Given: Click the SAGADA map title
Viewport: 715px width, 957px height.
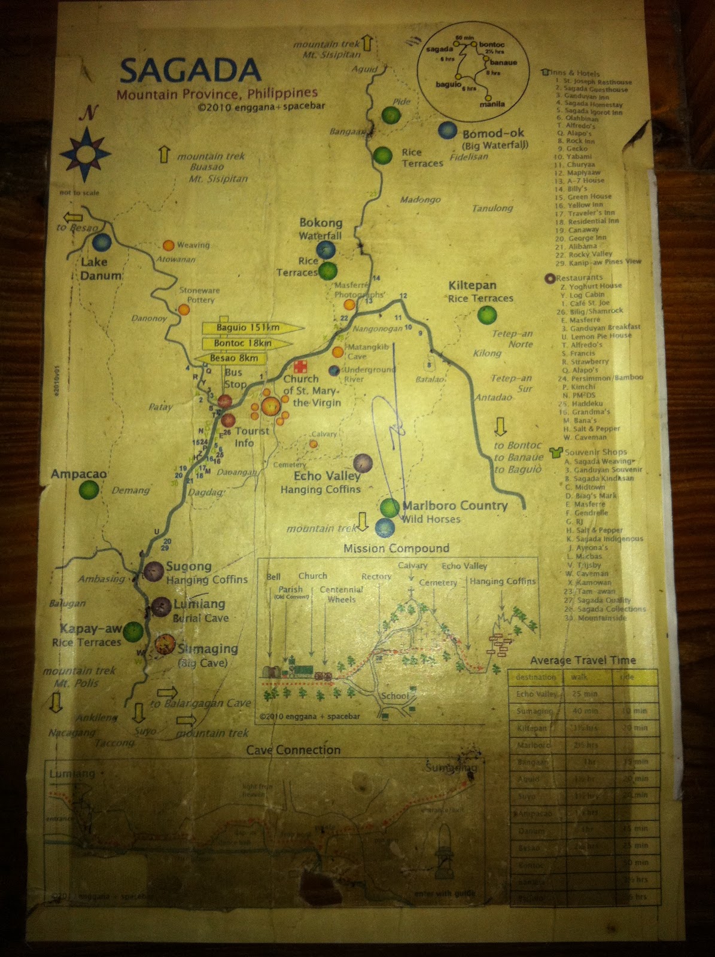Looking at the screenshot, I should click(x=190, y=71).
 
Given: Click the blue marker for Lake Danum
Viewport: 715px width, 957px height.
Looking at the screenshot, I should click(x=102, y=242).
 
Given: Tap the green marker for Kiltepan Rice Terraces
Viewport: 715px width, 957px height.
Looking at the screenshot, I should click(x=488, y=314).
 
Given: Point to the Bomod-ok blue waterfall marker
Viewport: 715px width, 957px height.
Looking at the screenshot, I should click(x=447, y=130).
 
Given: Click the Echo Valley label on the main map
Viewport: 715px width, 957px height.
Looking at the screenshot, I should click(x=327, y=476).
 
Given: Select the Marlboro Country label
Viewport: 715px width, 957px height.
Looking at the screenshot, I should click(x=455, y=505).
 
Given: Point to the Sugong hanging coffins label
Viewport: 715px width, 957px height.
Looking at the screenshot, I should click(x=188, y=566).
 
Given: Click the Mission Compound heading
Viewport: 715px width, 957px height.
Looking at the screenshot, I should click(x=396, y=548).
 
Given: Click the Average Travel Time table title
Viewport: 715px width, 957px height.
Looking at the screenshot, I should click(x=583, y=660).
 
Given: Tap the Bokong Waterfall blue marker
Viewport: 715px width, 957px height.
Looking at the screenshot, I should click(x=325, y=249).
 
